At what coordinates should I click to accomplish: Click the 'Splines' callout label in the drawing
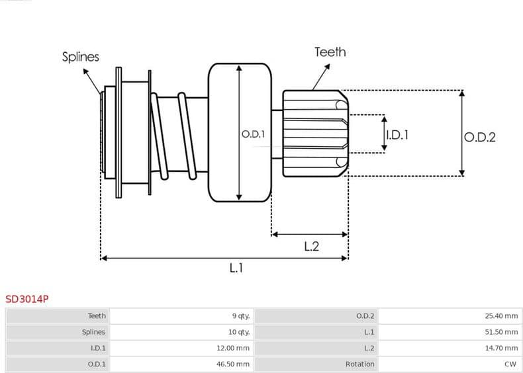click(81, 57)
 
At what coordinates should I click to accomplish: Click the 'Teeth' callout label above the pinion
click(330, 52)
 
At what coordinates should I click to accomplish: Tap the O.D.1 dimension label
click(253, 134)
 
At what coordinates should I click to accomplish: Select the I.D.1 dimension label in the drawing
click(397, 134)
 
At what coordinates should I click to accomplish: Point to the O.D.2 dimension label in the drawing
click(479, 138)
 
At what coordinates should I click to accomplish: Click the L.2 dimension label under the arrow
click(311, 246)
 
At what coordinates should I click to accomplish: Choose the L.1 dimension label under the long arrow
click(236, 268)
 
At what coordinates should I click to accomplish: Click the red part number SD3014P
click(26, 299)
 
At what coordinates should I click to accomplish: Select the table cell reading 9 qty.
click(240, 316)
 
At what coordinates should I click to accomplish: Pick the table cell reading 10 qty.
click(239, 332)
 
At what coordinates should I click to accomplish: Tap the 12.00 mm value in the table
click(236, 348)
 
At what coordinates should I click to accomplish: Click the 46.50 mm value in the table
click(236, 364)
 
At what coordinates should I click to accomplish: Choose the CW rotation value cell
click(510, 364)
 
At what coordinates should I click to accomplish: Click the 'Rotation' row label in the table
click(359, 364)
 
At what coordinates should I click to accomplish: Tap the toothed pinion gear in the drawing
click(314, 134)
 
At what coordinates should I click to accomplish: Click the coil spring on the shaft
click(175, 136)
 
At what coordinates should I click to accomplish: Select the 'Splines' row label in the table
click(93, 332)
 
